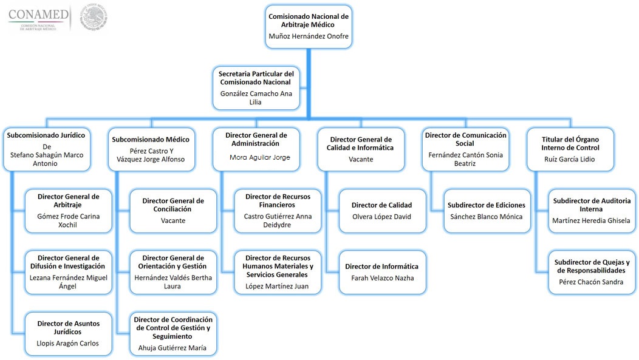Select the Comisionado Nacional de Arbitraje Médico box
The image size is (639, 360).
pos(309,25)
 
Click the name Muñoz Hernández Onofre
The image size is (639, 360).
pos(309,36)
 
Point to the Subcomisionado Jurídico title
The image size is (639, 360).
pos(46,135)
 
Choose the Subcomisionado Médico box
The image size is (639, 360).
pos(151,149)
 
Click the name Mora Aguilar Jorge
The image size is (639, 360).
pos(256,157)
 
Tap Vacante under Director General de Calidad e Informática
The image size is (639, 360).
pos(361,159)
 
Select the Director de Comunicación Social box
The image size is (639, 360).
pos(465,149)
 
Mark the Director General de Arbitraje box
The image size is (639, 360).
pos(69,211)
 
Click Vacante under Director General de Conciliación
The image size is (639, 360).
pos(173,220)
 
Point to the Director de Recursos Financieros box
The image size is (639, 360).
pos(278,211)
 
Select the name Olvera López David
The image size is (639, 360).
pos(382,216)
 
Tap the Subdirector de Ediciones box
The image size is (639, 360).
pos(487,211)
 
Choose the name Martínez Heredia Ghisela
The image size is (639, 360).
pos(592,220)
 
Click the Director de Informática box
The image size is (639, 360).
pos(382,272)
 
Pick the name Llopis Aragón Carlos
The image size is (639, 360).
pos(68,343)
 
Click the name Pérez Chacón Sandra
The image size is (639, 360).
pos(591,282)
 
